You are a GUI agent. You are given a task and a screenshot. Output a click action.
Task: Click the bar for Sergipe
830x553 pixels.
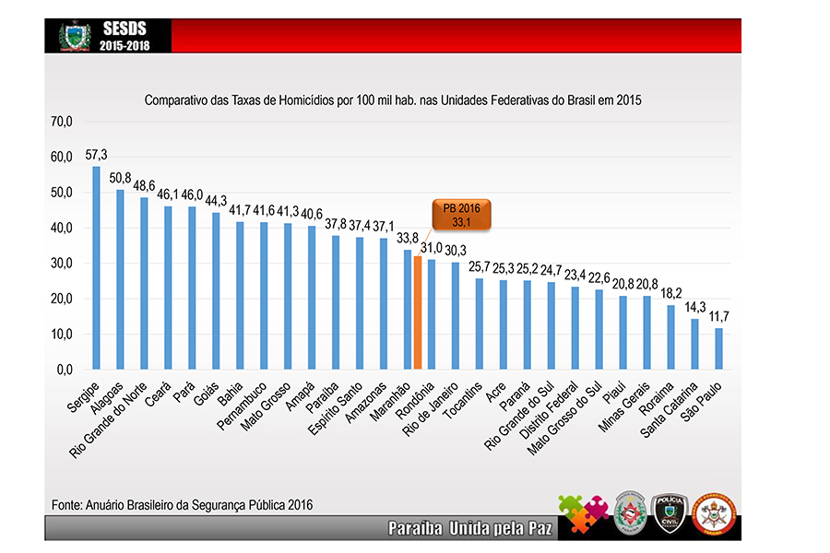tap(96, 267)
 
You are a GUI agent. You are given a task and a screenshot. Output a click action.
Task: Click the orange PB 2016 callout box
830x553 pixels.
tap(460, 214)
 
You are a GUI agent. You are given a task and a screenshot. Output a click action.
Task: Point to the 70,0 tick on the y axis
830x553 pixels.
tap(63, 121)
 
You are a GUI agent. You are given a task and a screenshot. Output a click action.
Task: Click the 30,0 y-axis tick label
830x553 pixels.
tap(63, 263)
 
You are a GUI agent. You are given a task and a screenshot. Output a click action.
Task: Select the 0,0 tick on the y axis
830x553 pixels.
tap(65, 370)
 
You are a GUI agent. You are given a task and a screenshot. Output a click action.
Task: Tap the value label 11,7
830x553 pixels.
tap(719, 316)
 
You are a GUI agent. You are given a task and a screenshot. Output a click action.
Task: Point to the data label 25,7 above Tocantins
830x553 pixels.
tap(480, 266)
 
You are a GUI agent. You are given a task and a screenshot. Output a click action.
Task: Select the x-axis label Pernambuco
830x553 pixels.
tap(244, 406)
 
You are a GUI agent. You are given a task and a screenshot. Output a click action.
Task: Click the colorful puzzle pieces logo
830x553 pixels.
tap(583, 513)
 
